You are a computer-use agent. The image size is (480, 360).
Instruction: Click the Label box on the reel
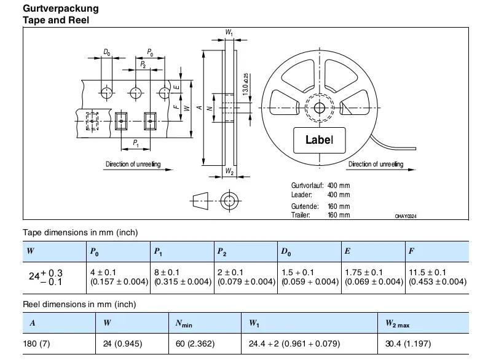[x=320, y=140]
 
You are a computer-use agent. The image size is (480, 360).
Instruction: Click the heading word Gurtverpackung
[x=61, y=8]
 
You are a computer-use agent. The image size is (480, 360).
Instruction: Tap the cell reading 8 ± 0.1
[x=167, y=272]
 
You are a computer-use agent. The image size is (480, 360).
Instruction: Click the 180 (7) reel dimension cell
[x=36, y=344]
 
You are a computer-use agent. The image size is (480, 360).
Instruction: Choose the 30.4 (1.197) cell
[x=408, y=344]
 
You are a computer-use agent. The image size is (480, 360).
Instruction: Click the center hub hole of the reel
[x=320, y=108]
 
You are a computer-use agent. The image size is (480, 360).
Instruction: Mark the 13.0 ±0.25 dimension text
[x=245, y=84]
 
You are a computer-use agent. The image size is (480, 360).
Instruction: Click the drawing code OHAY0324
[x=406, y=216]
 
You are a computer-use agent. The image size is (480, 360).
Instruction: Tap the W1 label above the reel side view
[x=229, y=33]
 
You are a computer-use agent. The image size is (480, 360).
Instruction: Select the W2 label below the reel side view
[x=229, y=171]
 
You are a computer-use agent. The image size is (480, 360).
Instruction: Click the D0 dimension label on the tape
[x=106, y=52]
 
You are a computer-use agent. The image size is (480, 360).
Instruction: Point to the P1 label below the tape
[x=136, y=143]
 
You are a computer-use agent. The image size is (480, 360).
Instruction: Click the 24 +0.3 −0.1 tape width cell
[x=46, y=277]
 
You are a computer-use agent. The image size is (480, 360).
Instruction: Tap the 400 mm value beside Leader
[x=339, y=195]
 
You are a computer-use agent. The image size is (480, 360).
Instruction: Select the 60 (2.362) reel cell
[x=195, y=344]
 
